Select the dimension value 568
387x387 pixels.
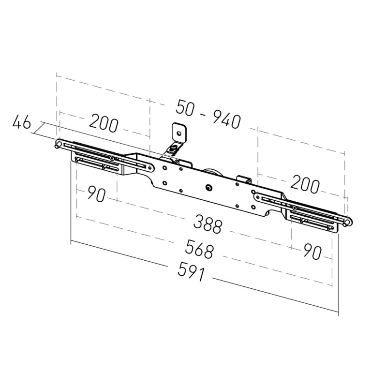[199, 249]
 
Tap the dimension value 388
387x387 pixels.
[208, 223]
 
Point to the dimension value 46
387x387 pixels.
[22, 122]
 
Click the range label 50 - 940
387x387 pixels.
[208, 114]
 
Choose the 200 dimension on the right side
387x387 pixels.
[305, 184]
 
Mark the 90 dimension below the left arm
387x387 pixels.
[96, 194]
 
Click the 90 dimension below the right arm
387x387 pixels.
[313, 252]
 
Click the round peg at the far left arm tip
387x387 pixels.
[57, 144]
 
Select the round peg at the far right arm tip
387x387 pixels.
[347, 222]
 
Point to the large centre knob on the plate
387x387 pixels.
[209, 188]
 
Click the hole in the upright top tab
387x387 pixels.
[179, 134]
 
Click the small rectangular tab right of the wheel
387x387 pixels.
[244, 179]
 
